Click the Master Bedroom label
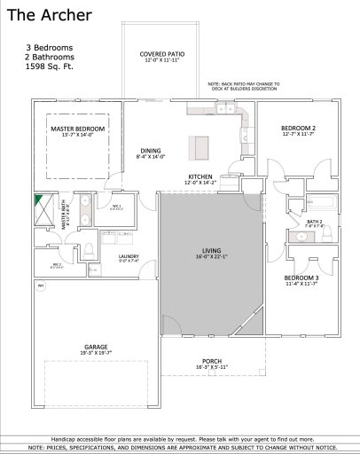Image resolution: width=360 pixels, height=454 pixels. (77, 132)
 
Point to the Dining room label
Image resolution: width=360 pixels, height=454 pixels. (152, 152)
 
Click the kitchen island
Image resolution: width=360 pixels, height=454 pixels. (199, 147)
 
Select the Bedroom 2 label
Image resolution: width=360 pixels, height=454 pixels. (299, 130)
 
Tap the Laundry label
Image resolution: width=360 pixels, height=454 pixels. (129, 258)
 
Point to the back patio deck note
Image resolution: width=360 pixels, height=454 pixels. (243, 86)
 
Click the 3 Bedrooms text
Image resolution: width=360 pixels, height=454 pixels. (49, 46)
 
